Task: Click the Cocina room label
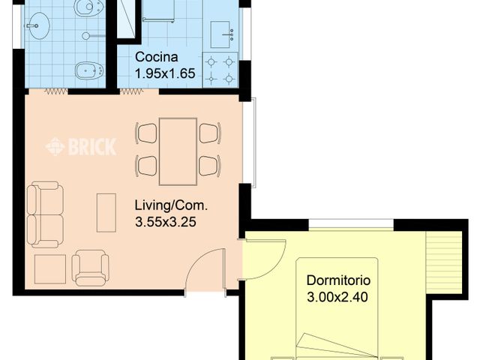pyautogui.click(x=157, y=57)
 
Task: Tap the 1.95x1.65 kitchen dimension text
pyautogui.click(x=165, y=73)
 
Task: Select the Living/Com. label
pyautogui.click(x=171, y=205)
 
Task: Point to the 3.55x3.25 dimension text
pyautogui.click(x=166, y=222)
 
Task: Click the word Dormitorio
pyautogui.click(x=338, y=280)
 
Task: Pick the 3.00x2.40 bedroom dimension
pyautogui.click(x=337, y=297)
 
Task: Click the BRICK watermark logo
pyautogui.click(x=81, y=147)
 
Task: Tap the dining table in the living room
pyautogui.click(x=178, y=151)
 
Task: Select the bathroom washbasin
pyautogui.click(x=38, y=26)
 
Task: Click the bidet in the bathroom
pyautogui.click(x=88, y=71)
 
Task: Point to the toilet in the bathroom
pyautogui.click(x=88, y=7)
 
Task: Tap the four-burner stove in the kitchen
pyautogui.click(x=220, y=70)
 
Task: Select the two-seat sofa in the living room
pyautogui.click(x=45, y=214)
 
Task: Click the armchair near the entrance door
pyautogui.click(x=90, y=268)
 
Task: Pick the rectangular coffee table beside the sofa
pyautogui.click(x=106, y=213)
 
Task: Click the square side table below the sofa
pyautogui.click(x=50, y=269)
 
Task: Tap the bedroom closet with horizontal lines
pyautogui.click(x=443, y=262)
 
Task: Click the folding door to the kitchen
pyautogui.click(x=131, y=91)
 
